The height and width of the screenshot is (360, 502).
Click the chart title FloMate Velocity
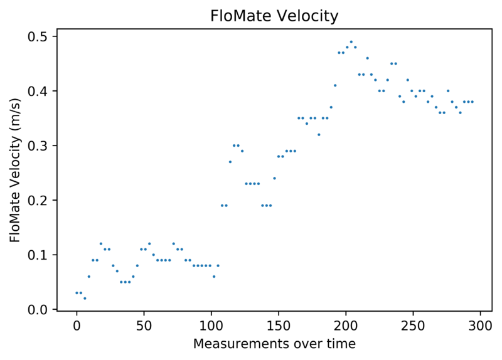(274, 16)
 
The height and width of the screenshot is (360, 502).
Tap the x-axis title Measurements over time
(274, 344)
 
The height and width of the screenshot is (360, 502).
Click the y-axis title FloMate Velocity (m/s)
(15, 170)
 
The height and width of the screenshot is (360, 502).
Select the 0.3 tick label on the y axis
(37, 146)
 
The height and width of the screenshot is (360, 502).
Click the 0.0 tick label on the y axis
(37, 309)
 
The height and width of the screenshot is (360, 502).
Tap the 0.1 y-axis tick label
(37, 255)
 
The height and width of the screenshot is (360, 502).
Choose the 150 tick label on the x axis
(279, 326)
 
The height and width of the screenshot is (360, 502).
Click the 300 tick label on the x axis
(480, 326)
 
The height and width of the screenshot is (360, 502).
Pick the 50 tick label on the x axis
(144, 326)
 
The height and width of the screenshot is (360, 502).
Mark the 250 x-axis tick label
(413, 326)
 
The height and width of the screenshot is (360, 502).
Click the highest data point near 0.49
(351, 41)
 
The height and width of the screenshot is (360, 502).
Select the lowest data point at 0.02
(85, 299)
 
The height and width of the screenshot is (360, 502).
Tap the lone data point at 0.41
(335, 85)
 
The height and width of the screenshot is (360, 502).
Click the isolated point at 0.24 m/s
(274, 178)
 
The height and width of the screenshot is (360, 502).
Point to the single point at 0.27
(230, 162)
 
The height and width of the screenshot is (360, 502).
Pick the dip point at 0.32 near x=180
(319, 135)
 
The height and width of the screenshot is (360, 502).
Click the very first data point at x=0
(77, 293)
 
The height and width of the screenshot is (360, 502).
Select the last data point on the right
(473, 102)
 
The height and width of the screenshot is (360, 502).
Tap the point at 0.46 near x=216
(368, 58)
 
